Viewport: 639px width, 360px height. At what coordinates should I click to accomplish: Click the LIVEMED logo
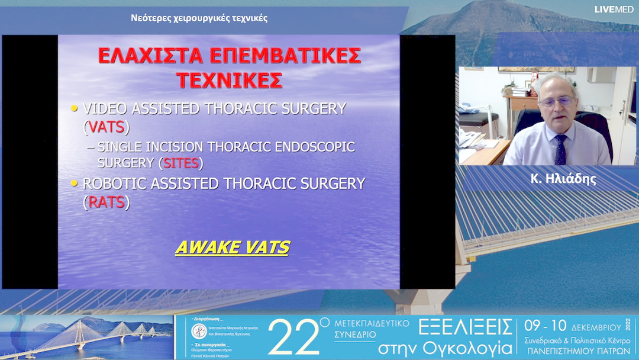tap(614, 9)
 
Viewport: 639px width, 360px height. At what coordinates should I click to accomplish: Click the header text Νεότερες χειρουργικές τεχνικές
tap(199, 18)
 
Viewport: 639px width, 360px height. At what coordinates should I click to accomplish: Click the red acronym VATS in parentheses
tap(106, 127)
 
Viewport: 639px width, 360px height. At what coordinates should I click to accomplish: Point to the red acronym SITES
tap(180, 162)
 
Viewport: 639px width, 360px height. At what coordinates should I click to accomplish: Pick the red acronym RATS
tap(106, 202)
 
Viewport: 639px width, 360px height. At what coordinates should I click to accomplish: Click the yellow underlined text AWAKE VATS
tap(232, 247)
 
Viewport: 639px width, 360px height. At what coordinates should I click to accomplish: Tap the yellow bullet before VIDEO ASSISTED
tap(75, 109)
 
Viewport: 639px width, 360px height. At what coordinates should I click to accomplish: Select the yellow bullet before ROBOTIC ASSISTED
tap(75, 184)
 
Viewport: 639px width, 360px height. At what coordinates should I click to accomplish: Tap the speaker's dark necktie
tap(560, 149)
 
